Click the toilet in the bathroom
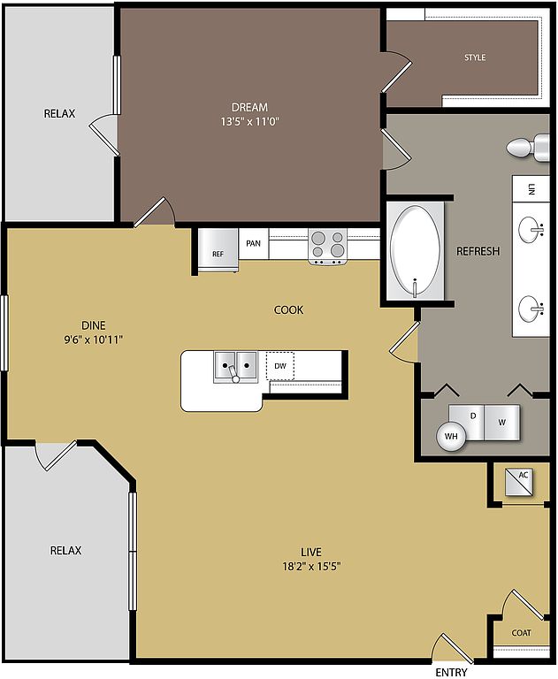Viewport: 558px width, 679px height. pyautogui.click(x=528, y=149)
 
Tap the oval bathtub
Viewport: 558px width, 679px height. pyautogui.click(x=415, y=251)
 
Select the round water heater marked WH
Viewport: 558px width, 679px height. pyautogui.click(x=451, y=436)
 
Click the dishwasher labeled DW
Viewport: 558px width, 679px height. pyautogui.click(x=279, y=366)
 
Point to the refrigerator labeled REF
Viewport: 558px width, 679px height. pyautogui.click(x=218, y=250)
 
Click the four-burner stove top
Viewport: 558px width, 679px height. pyautogui.click(x=328, y=246)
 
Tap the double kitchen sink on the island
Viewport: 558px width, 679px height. pyautogui.click(x=236, y=367)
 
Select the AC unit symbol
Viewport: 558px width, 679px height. pyautogui.click(x=520, y=482)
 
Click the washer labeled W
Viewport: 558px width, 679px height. pyautogui.click(x=501, y=423)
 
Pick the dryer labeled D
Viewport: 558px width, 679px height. pyautogui.click(x=467, y=420)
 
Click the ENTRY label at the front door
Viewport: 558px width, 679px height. pyautogui.click(x=451, y=672)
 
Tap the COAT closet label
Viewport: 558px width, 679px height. pyautogui.click(x=521, y=633)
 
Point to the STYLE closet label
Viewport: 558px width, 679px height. pyautogui.click(x=475, y=57)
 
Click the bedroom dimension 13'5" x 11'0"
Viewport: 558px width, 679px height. pyautogui.click(x=249, y=122)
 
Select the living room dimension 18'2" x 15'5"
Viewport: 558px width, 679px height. pyautogui.click(x=311, y=566)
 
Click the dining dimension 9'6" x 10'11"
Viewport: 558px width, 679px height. pyautogui.click(x=94, y=339)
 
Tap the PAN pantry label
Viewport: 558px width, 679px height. pyautogui.click(x=254, y=243)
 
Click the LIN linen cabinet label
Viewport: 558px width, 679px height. pyautogui.click(x=531, y=189)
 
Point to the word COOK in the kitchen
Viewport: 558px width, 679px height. pyautogui.click(x=288, y=310)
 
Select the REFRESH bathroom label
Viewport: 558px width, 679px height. pyautogui.click(x=478, y=251)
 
